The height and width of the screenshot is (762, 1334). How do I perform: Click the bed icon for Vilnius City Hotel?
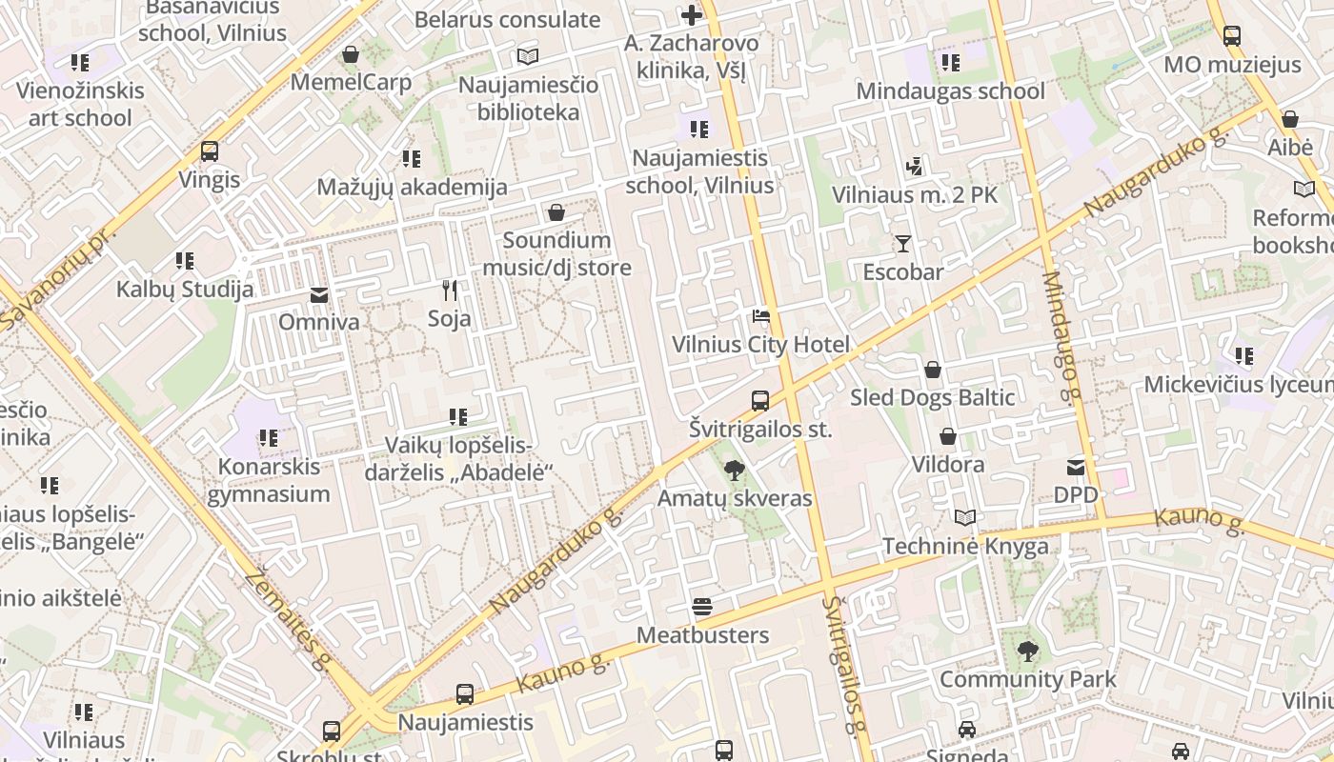click(x=760, y=316)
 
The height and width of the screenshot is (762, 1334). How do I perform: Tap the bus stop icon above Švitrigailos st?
click(x=759, y=401)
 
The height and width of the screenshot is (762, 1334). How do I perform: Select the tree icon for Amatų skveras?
click(x=734, y=470)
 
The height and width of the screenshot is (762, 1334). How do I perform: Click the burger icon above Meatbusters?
click(x=702, y=607)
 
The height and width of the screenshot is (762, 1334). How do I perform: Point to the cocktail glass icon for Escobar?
click(x=902, y=244)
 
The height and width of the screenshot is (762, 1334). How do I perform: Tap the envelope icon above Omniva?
click(x=319, y=295)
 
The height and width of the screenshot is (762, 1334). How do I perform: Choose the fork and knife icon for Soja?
click(x=450, y=290)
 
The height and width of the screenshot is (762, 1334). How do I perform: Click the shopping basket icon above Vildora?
click(x=947, y=436)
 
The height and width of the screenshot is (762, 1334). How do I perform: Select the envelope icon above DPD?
click(x=1076, y=467)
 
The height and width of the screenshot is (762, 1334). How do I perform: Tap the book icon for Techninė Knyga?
click(x=965, y=517)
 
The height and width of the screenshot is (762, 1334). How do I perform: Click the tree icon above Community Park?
click(x=1027, y=652)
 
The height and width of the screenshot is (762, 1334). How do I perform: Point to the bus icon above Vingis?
click(x=210, y=151)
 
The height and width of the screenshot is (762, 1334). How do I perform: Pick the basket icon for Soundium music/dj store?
click(x=556, y=212)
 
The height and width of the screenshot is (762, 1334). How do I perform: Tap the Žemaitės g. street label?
click(x=287, y=618)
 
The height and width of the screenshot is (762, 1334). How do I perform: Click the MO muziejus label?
click(x=1232, y=65)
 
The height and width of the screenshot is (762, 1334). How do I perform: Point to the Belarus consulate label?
click(x=507, y=19)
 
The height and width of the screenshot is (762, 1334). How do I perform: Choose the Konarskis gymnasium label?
click(x=269, y=480)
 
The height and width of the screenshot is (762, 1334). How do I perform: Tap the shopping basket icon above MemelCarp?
click(x=351, y=54)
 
